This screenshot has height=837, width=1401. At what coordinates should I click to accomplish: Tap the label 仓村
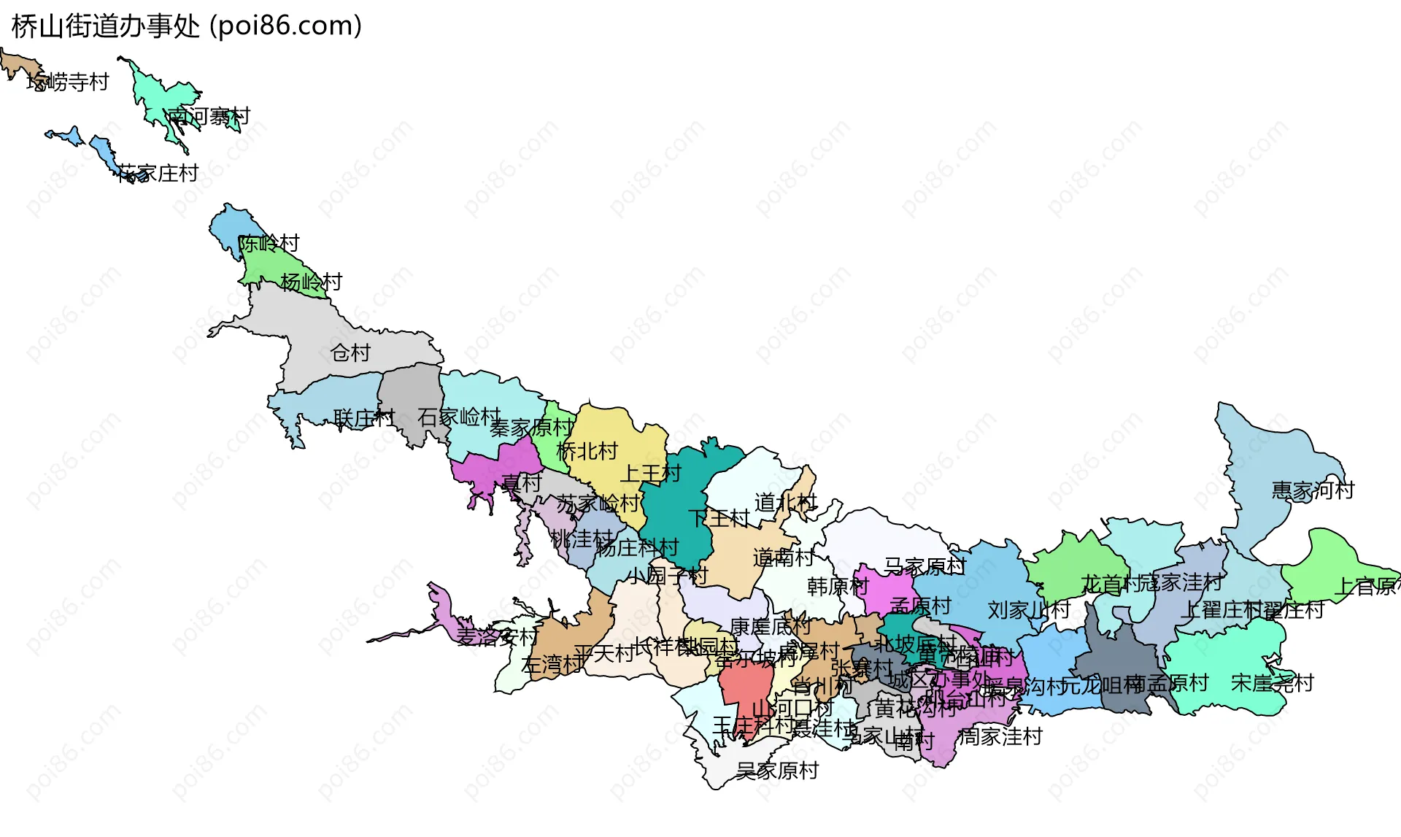click(x=350, y=353)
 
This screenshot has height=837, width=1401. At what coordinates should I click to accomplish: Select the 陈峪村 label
click(x=269, y=243)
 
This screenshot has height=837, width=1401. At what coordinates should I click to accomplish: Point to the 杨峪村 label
click(x=312, y=282)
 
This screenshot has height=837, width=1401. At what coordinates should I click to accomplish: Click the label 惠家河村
click(x=1312, y=490)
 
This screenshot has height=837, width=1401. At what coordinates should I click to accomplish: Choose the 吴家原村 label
click(x=777, y=771)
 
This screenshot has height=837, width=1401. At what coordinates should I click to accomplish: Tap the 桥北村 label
click(x=587, y=451)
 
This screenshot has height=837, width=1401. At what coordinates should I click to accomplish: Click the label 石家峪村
click(x=459, y=417)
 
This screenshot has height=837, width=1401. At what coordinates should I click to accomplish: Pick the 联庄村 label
click(x=363, y=418)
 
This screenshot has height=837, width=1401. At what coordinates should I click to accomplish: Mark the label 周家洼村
click(x=1000, y=737)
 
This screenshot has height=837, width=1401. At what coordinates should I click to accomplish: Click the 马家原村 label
click(x=925, y=566)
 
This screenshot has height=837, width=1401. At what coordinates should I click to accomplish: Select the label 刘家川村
click(x=1029, y=610)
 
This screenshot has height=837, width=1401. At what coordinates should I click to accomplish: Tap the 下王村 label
click(x=719, y=518)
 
